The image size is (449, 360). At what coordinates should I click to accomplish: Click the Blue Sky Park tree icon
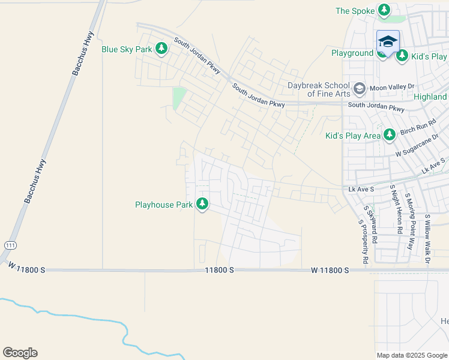coord(161,49)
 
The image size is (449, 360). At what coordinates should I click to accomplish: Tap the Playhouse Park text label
coord(163,205)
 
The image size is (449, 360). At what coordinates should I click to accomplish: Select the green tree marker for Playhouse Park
coord(203,205)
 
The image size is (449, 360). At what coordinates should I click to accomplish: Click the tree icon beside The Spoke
coord(384,10)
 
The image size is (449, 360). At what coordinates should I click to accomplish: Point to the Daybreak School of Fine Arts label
coord(318,90)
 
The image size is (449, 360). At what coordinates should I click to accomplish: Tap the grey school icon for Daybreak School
coord(359,89)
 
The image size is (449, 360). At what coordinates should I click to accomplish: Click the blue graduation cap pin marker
coord(388,42)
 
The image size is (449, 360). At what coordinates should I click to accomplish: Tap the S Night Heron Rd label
coord(396,209)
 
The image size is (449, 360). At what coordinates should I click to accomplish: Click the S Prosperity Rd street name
coord(363,242)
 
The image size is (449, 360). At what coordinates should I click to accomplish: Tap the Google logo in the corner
coord(20,353)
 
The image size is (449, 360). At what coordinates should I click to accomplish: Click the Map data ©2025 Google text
coord(411,355)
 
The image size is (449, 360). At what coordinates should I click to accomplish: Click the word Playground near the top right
coord(352,53)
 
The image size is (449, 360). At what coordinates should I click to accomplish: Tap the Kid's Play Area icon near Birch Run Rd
coord(390,135)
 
